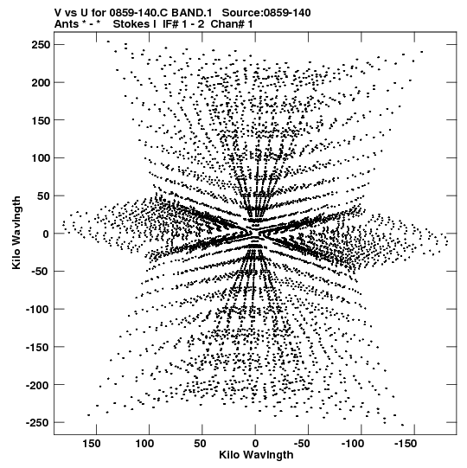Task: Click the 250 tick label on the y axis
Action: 42,45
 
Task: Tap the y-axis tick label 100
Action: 42,158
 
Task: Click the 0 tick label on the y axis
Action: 46,234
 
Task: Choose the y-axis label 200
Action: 42,82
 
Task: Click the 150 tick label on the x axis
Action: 92,443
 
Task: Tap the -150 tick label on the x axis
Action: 406,443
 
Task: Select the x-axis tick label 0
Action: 255,443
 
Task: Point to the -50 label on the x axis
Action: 302,443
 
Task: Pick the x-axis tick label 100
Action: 144,443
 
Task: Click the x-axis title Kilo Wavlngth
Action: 256,455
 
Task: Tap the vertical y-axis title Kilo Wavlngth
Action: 16,233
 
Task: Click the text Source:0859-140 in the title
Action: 266,12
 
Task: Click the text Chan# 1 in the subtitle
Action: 232,24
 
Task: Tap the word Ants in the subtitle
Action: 67,24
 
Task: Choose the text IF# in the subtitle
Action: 170,24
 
